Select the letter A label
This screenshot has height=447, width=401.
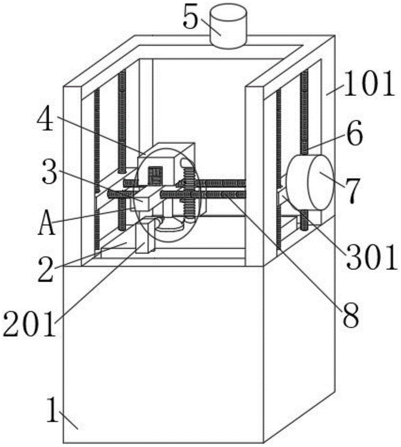pyautogui.click(x=46, y=224)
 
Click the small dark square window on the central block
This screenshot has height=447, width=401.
pyautogui.click(x=156, y=175)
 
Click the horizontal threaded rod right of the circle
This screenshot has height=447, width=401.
pyautogui.click(x=224, y=193)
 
